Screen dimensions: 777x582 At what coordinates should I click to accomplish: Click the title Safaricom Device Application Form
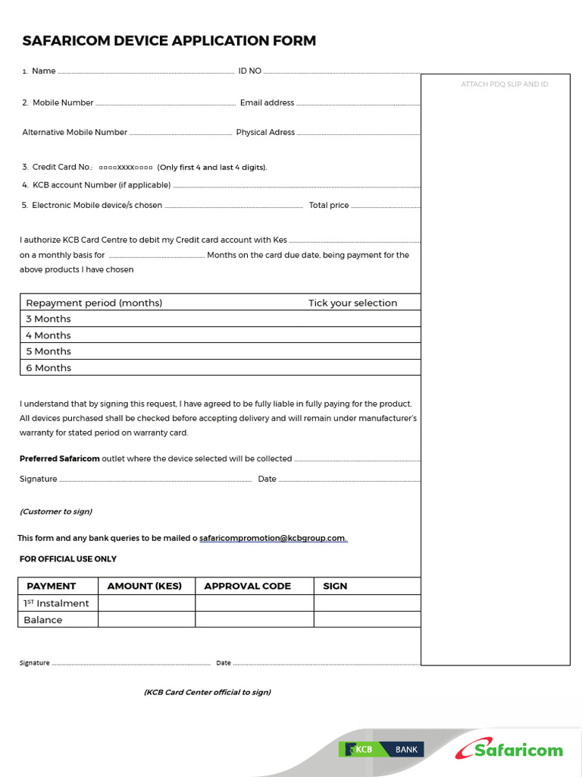click(x=169, y=41)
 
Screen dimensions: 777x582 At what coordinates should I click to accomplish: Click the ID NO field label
click(x=249, y=71)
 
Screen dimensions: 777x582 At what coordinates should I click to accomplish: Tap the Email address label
click(x=267, y=103)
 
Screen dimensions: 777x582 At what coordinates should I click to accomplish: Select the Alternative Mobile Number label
click(x=74, y=132)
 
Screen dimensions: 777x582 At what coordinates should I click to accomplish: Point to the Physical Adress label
click(x=265, y=132)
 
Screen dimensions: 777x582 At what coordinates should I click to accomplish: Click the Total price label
click(x=329, y=206)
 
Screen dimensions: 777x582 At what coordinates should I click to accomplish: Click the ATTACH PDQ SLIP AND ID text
click(x=504, y=84)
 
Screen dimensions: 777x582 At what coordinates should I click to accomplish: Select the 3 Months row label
click(x=48, y=319)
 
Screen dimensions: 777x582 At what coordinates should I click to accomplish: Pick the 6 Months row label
click(x=48, y=368)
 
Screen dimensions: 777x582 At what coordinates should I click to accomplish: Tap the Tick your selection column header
click(x=352, y=303)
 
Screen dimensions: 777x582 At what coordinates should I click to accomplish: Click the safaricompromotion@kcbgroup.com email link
click(x=273, y=539)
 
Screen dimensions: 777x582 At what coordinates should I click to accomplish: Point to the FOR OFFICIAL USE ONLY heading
click(x=67, y=559)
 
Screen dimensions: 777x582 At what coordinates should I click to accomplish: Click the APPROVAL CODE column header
click(x=247, y=586)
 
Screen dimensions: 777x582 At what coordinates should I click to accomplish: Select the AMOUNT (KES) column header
click(x=145, y=586)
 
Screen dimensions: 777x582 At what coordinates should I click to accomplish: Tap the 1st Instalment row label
click(x=56, y=603)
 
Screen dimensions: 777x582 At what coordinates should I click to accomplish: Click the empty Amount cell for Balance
click(x=146, y=620)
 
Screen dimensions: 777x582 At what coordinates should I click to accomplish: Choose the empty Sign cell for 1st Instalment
click(x=367, y=603)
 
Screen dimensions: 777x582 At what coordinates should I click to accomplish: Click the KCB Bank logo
click(x=381, y=750)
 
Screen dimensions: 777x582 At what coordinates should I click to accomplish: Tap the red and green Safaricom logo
click(x=509, y=749)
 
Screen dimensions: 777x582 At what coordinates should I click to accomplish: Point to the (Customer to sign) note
click(x=56, y=511)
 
